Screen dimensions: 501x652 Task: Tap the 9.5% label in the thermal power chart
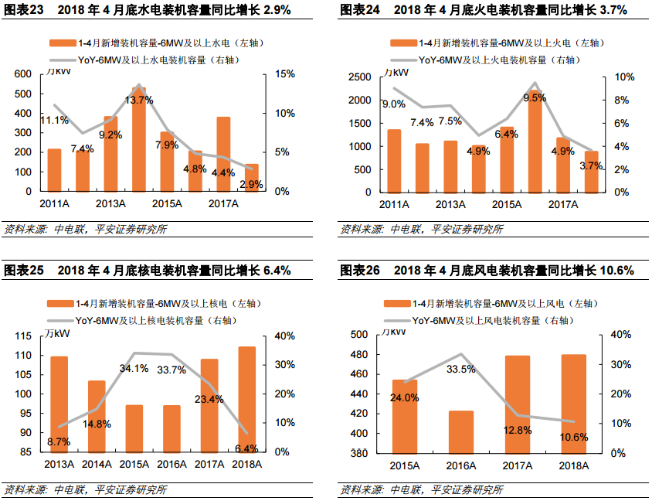tap(535, 97)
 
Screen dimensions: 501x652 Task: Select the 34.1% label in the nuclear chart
tap(134, 368)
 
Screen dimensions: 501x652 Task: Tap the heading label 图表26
tap(360, 271)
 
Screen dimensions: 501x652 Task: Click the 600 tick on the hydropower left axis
tap(23, 74)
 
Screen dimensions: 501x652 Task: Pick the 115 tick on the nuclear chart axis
tap(23, 336)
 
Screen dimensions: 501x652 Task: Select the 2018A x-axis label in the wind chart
tap(574, 465)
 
